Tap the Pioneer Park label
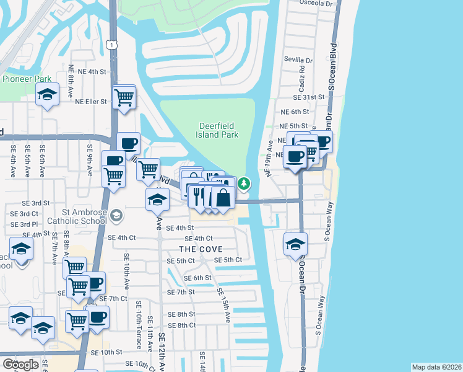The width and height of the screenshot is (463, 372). pos(27,79)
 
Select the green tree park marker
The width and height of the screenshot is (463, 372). pos(245,184)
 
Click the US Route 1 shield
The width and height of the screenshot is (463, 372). pos(111,44)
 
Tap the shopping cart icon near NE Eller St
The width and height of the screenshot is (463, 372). pos(124,97)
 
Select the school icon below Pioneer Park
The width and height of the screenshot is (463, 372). pos(47,95)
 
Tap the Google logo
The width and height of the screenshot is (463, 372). pos(20,364)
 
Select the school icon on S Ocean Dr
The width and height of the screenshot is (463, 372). pos(296,243)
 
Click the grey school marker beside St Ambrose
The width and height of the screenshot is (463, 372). pos(117,216)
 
